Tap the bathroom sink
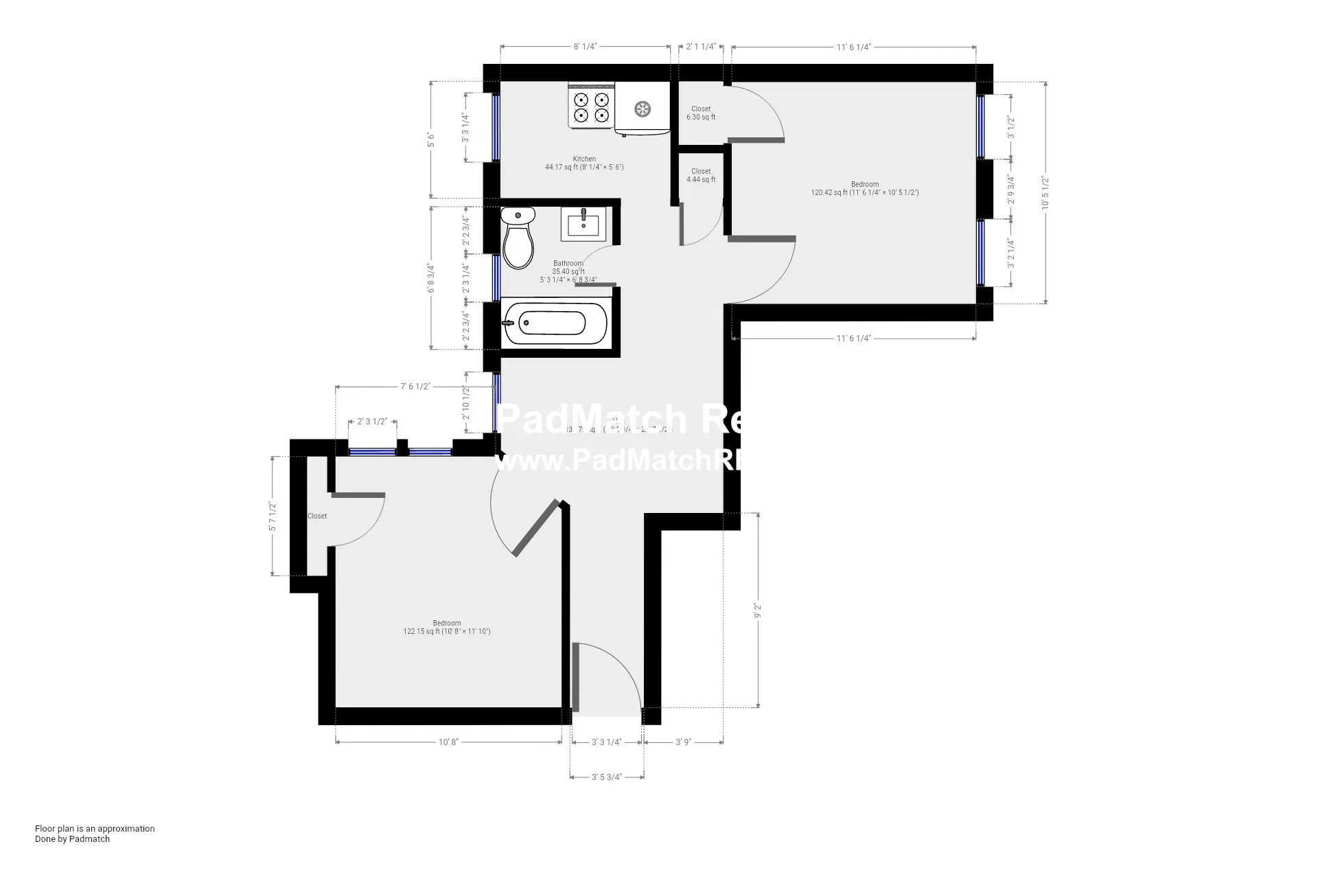583,224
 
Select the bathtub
555,323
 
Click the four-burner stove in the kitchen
591,106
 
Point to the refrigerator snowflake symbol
643,109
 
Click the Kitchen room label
584,159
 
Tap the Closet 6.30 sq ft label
701,113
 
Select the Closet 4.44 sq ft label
701,175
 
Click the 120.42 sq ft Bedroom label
864,188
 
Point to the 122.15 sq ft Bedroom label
446,628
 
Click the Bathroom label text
568,264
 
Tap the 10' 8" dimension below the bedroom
448,742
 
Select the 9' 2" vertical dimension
758,610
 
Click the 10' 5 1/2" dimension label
1045,193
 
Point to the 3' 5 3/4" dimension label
607,777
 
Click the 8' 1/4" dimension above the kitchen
586,47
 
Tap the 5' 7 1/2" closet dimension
273,516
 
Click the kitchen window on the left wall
496,127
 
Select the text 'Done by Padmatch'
72,838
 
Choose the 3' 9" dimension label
683,742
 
